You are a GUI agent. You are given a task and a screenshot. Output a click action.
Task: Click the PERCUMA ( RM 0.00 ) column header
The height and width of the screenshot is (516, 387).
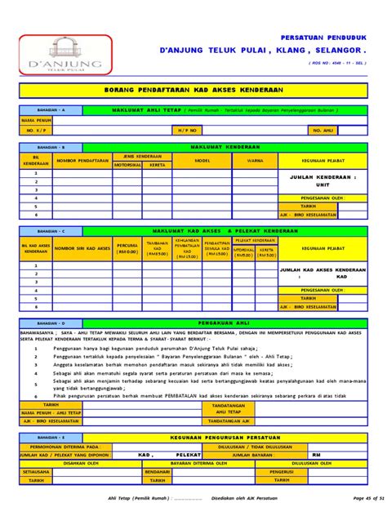[127, 247]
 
